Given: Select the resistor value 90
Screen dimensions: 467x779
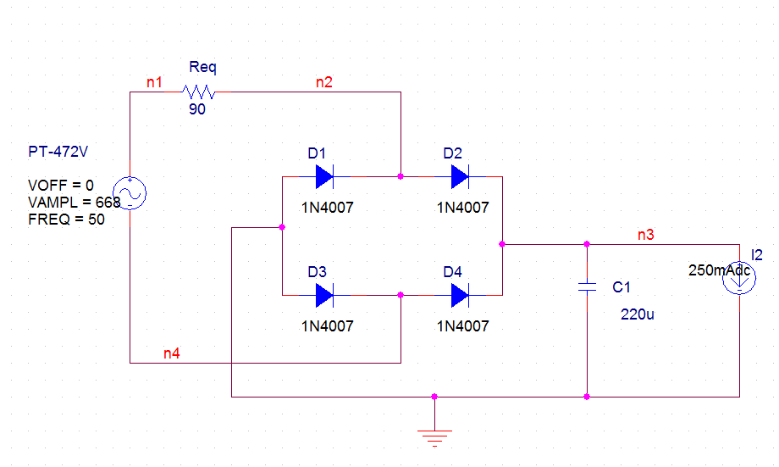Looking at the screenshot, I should pos(197,109).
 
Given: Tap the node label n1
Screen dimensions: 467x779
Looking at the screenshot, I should pos(154,82).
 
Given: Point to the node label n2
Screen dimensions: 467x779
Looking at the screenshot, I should pos(323,82).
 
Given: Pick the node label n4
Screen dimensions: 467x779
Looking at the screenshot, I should pos(171,353).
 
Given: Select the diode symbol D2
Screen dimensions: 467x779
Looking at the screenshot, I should pos(460,176).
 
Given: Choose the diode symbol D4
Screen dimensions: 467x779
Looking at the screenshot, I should pos(460,295).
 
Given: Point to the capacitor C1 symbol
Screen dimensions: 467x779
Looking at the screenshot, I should pos(587,286).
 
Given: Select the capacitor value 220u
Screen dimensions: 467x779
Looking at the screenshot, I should pos(638,314).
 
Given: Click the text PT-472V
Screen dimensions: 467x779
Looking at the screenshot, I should pos(58,153).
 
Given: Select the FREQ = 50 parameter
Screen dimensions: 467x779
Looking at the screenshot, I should pos(61,220).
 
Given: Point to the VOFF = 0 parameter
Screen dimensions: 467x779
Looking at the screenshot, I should pos(60,186).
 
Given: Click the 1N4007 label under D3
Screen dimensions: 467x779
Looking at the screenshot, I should pos(328,325).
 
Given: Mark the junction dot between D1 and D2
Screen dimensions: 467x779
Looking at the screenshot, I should pos(401,176).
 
